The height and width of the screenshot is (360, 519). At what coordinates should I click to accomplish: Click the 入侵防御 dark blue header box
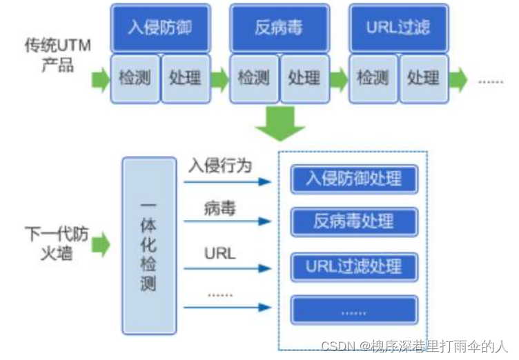click(159, 28)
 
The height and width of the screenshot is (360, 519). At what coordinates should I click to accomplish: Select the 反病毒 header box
click(278, 28)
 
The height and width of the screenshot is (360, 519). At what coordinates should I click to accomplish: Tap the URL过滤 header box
click(398, 28)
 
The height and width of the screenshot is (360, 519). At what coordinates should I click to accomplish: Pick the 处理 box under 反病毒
click(304, 78)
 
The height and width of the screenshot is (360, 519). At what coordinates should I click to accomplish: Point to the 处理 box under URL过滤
click(423, 78)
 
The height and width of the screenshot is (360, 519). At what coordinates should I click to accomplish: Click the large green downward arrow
click(280, 124)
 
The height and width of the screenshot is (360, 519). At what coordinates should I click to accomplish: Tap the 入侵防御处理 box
click(354, 179)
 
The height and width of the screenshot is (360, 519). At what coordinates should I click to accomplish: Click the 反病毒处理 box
click(354, 221)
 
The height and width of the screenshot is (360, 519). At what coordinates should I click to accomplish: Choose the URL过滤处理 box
click(354, 266)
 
